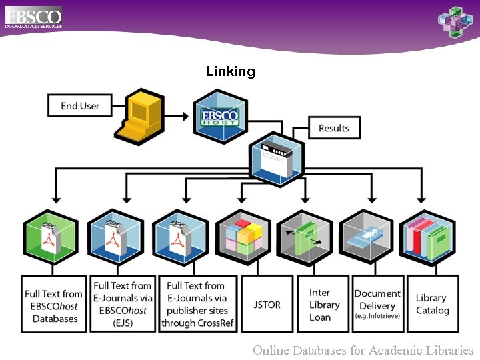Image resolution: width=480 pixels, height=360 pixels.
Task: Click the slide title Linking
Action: click(230, 71)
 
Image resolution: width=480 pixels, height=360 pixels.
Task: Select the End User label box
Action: click(79, 106)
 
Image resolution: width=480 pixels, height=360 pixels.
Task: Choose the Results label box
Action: click(333, 128)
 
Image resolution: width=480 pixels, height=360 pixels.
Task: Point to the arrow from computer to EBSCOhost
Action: click(176, 117)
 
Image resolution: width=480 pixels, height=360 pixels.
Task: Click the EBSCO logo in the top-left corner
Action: click(33, 17)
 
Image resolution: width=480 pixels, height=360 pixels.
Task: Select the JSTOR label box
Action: click(267, 304)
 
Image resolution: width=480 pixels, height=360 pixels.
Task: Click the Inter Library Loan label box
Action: click(324, 304)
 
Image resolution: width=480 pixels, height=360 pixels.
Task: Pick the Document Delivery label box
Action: click(377, 304)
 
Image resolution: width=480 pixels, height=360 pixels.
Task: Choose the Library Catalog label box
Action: click(432, 304)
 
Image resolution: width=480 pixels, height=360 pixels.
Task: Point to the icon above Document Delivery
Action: click(366, 237)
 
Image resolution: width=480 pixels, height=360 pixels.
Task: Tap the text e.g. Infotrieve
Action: click(377, 316)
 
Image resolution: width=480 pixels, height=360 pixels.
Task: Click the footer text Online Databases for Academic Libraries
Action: click(363, 350)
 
